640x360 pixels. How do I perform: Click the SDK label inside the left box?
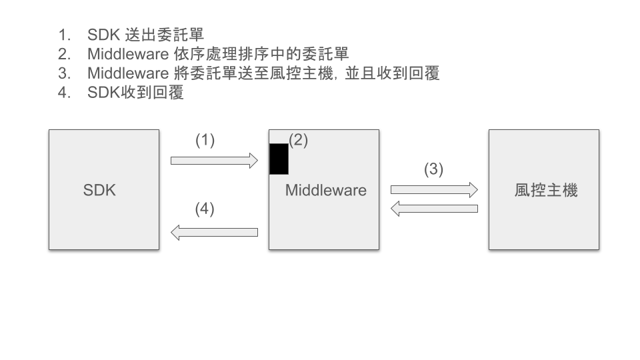(x=99, y=190)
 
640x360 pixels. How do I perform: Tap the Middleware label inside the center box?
(x=325, y=190)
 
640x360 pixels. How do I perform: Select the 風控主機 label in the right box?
(x=545, y=190)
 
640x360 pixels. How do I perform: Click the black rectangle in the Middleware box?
(x=279, y=159)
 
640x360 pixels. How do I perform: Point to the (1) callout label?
(x=205, y=140)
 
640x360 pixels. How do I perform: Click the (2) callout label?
(x=298, y=140)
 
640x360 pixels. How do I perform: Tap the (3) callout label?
(x=433, y=169)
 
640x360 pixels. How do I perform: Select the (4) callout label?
(x=205, y=209)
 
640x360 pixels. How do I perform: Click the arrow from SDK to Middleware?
(x=214, y=160)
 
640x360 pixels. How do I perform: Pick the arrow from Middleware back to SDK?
(x=214, y=232)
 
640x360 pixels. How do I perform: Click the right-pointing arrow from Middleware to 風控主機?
(x=434, y=190)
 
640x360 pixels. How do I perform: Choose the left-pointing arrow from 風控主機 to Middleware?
(x=434, y=209)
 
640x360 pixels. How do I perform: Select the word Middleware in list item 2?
(x=127, y=54)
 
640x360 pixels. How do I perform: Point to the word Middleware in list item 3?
(x=127, y=73)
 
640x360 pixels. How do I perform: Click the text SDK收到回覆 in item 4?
(x=135, y=93)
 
